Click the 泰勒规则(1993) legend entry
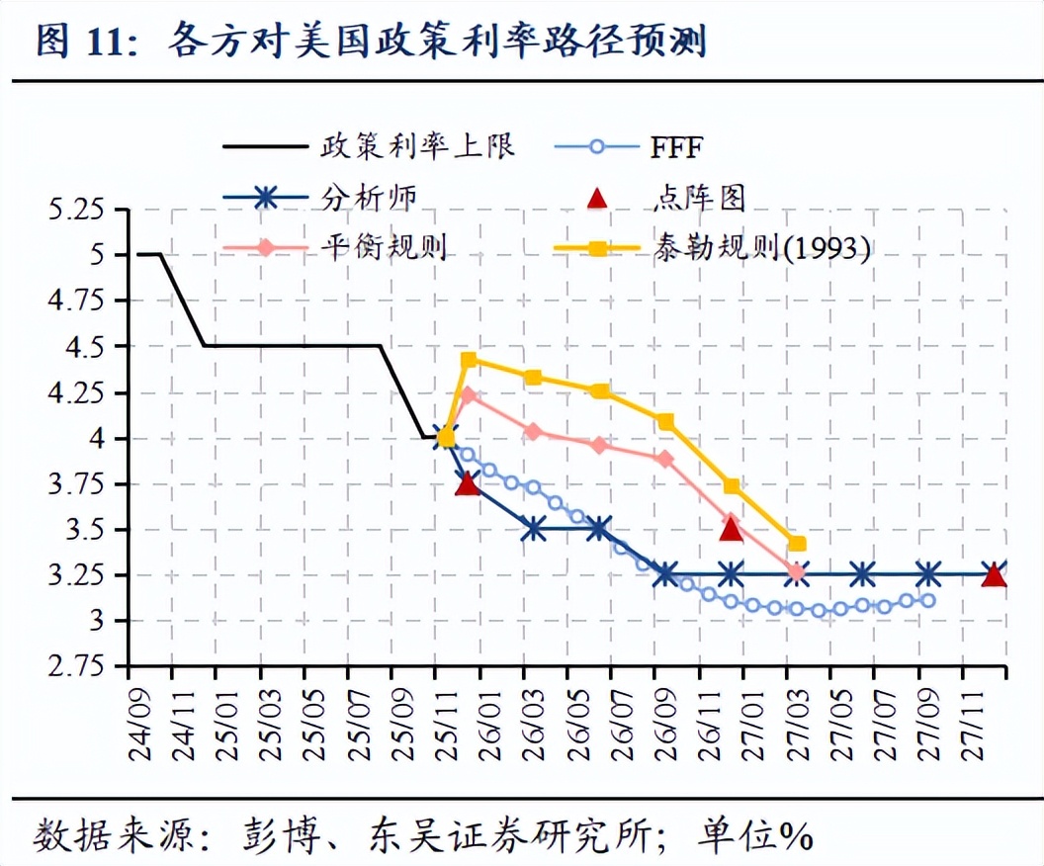761,247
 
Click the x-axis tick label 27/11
975,722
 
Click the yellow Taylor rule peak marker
469,360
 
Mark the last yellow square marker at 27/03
797,544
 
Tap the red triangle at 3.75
468,483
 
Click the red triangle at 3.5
731,529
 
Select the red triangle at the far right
994,574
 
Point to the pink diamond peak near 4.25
469,395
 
